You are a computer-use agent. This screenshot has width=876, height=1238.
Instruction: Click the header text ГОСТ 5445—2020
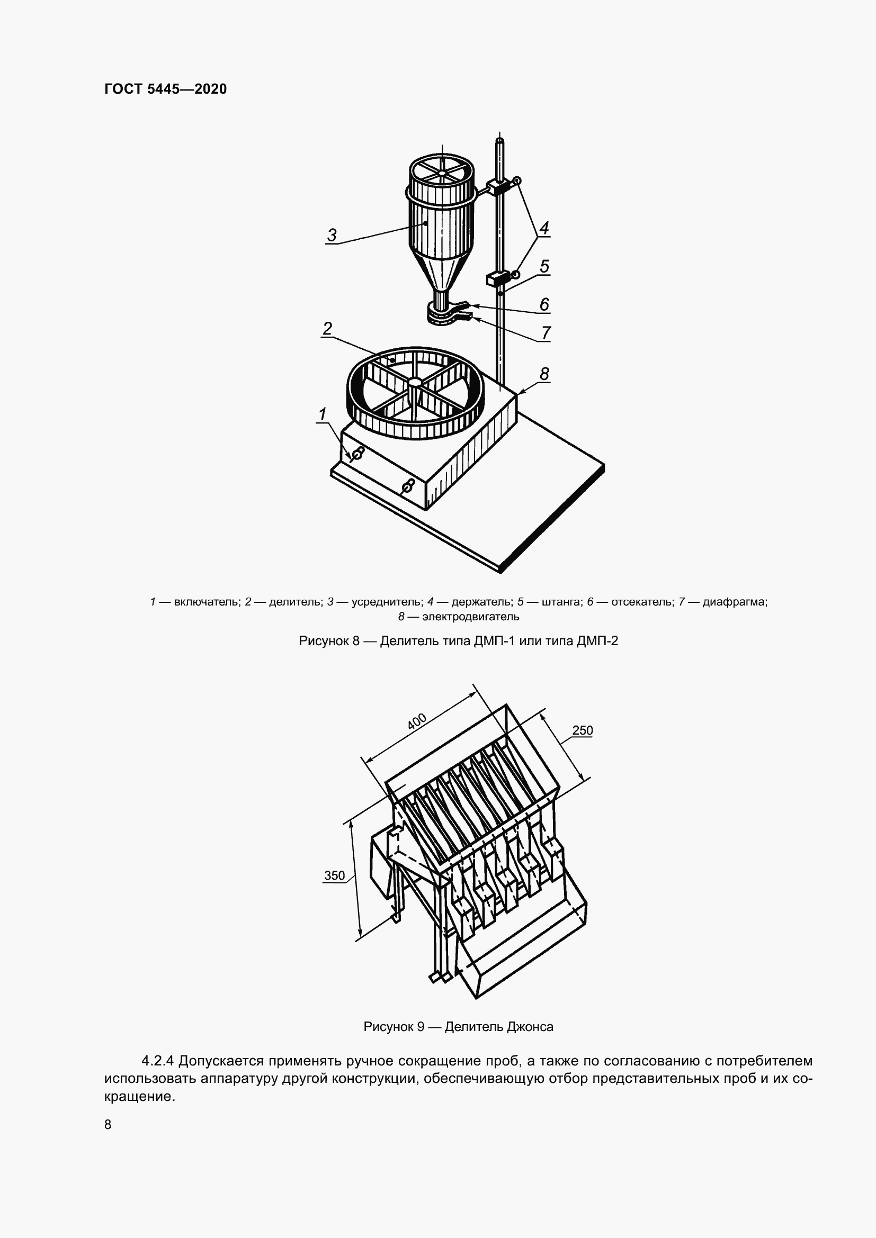(x=166, y=89)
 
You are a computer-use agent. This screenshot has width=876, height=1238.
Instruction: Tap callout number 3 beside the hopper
(x=332, y=235)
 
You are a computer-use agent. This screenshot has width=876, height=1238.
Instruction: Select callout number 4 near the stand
(x=544, y=228)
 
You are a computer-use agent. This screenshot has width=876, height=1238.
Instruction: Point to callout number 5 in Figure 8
(x=544, y=266)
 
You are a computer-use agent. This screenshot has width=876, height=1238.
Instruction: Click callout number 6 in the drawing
(x=544, y=305)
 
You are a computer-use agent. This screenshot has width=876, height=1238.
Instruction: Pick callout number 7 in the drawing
(x=546, y=333)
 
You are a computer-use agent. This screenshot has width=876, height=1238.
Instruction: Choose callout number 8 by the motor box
(x=544, y=373)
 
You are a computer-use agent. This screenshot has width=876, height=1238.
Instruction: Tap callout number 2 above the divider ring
(x=327, y=328)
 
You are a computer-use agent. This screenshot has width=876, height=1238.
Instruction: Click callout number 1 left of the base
(x=323, y=414)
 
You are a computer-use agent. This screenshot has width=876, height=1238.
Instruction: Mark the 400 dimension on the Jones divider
(x=416, y=722)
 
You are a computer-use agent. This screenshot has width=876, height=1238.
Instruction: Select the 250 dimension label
(x=582, y=730)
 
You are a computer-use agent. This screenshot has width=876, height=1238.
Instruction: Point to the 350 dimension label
(x=334, y=875)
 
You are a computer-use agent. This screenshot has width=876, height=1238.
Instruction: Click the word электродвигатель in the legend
(x=470, y=616)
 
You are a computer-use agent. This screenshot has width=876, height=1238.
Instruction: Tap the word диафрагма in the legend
(x=735, y=602)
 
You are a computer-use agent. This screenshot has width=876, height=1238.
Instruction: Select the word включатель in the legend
(x=207, y=602)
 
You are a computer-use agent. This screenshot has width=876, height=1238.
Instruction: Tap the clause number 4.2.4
(x=157, y=1061)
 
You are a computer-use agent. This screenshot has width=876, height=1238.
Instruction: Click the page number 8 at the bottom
(x=108, y=1124)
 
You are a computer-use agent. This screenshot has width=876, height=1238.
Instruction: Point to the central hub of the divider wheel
(x=415, y=382)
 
